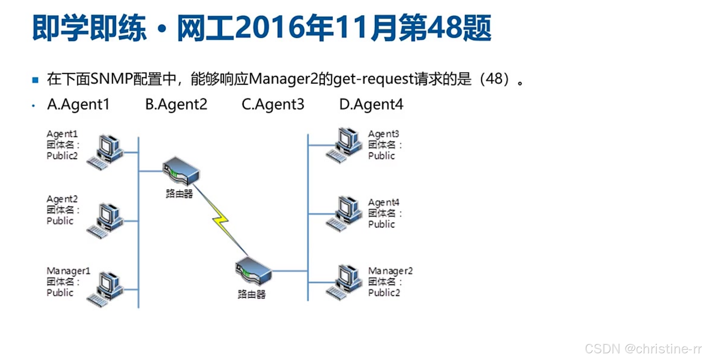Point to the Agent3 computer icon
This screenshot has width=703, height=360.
[345, 145]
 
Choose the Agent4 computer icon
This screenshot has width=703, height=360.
[345, 214]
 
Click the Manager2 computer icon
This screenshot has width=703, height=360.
[345, 282]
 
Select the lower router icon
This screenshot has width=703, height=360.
[253, 272]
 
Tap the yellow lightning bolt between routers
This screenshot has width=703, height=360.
[221, 220]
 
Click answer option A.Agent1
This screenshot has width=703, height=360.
[79, 104]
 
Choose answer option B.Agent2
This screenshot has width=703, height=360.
[176, 104]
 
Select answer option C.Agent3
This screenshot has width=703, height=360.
[273, 104]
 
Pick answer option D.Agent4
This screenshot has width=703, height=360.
[371, 104]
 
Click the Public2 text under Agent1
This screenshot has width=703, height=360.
[62, 156]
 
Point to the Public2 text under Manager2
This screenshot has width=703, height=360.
[384, 293]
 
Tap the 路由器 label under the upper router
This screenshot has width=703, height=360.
[179, 194]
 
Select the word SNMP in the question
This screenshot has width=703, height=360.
[111, 79]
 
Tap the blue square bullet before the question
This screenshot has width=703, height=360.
[35, 79]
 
